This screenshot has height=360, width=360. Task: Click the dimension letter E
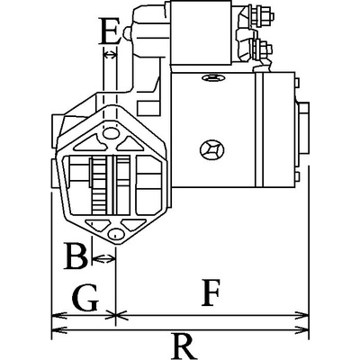click(110, 31)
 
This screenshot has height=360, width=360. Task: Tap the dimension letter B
click(76, 256)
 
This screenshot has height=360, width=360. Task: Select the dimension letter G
click(85, 297)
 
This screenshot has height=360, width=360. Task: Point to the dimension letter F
click(211, 292)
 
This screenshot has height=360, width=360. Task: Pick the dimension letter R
click(184, 346)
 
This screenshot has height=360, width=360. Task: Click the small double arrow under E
click(110, 55)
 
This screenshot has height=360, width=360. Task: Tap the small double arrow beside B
click(103, 257)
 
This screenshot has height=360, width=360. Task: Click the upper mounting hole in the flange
click(110, 132)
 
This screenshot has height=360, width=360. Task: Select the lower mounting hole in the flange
click(115, 234)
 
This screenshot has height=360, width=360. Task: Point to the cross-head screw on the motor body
click(212, 149)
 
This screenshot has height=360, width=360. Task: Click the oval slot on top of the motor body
click(213, 78)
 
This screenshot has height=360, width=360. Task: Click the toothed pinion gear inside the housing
click(99, 185)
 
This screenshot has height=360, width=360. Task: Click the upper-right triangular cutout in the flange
click(130, 144)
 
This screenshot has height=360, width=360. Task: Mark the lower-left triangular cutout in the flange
click(97, 224)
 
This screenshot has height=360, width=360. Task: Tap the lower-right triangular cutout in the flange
click(133, 224)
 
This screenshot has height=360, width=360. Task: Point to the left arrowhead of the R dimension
click(59, 330)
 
